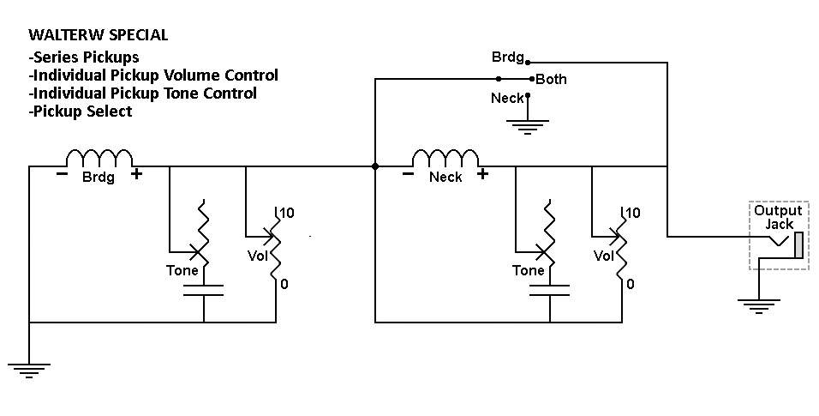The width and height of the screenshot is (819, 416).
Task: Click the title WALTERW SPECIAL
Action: (99, 35)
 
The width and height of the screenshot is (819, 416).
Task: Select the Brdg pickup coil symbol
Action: (99, 157)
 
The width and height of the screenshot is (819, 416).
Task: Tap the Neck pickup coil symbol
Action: (445, 157)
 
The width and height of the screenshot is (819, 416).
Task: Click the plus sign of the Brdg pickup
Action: (136, 174)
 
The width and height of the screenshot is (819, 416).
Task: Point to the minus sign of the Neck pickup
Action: (408, 174)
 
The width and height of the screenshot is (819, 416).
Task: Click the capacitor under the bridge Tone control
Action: (203, 291)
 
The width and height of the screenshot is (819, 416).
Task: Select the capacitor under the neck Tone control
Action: (549, 291)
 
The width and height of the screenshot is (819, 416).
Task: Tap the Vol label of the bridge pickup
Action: (258, 256)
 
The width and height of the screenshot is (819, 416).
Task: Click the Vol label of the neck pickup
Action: (604, 256)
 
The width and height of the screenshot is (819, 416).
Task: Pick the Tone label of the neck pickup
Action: (528, 270)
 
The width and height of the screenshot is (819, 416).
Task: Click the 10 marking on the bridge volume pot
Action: (287, 213)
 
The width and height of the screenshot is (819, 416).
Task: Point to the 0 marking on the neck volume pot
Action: (631, 284)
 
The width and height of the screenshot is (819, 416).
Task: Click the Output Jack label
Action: (778, 217)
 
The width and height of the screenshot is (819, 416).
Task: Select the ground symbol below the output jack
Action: (758, 305)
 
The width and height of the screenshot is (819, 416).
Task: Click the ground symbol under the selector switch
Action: (528, 127)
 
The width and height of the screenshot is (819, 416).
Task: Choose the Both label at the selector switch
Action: (551, 80)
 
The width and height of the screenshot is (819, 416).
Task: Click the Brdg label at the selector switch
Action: (508, 57)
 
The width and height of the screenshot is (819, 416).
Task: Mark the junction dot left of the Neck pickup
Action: (375, 166)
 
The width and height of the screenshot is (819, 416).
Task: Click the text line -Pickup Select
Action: (81, 111)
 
